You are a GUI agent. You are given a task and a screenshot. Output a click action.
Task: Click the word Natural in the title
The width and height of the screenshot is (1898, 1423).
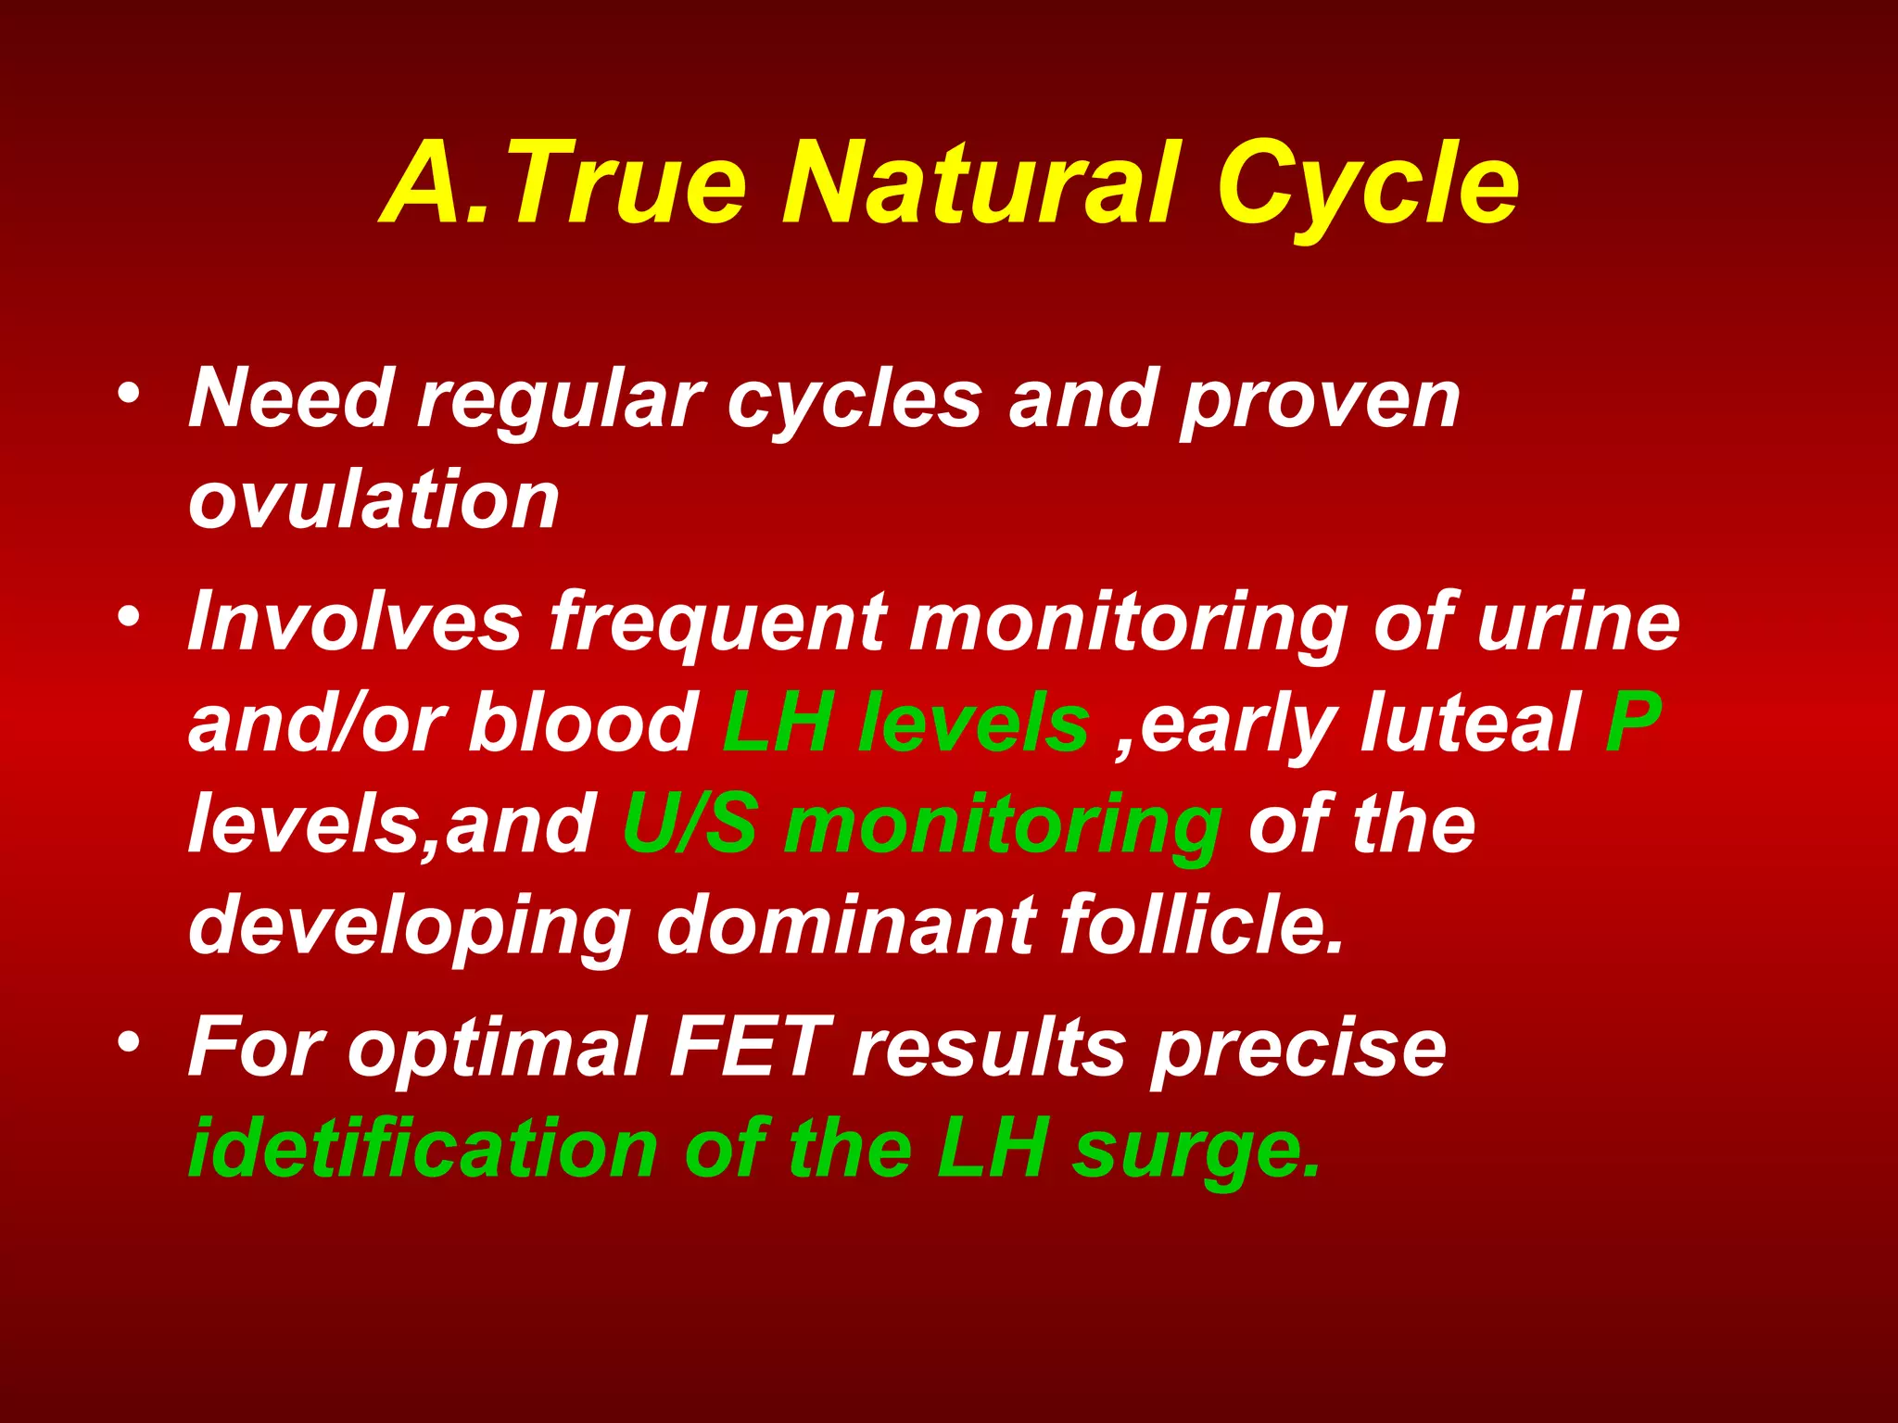click(x=982, y=183)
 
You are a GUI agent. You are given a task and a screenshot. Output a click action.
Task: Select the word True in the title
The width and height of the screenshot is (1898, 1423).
click(x=626, y=183)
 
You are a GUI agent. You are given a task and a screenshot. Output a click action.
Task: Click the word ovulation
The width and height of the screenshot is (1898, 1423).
click(x=373, y=500)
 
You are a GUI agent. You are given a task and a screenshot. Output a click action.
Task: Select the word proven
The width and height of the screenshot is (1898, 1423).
click(x=1320, y=402)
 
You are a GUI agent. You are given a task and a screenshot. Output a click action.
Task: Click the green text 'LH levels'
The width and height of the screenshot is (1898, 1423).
click(x=905, y=723)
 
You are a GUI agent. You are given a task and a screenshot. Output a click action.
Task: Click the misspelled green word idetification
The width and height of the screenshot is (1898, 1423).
click(x=423, y=1149)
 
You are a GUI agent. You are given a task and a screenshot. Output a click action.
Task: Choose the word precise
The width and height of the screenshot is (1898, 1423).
click(x=1297, y=1049)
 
